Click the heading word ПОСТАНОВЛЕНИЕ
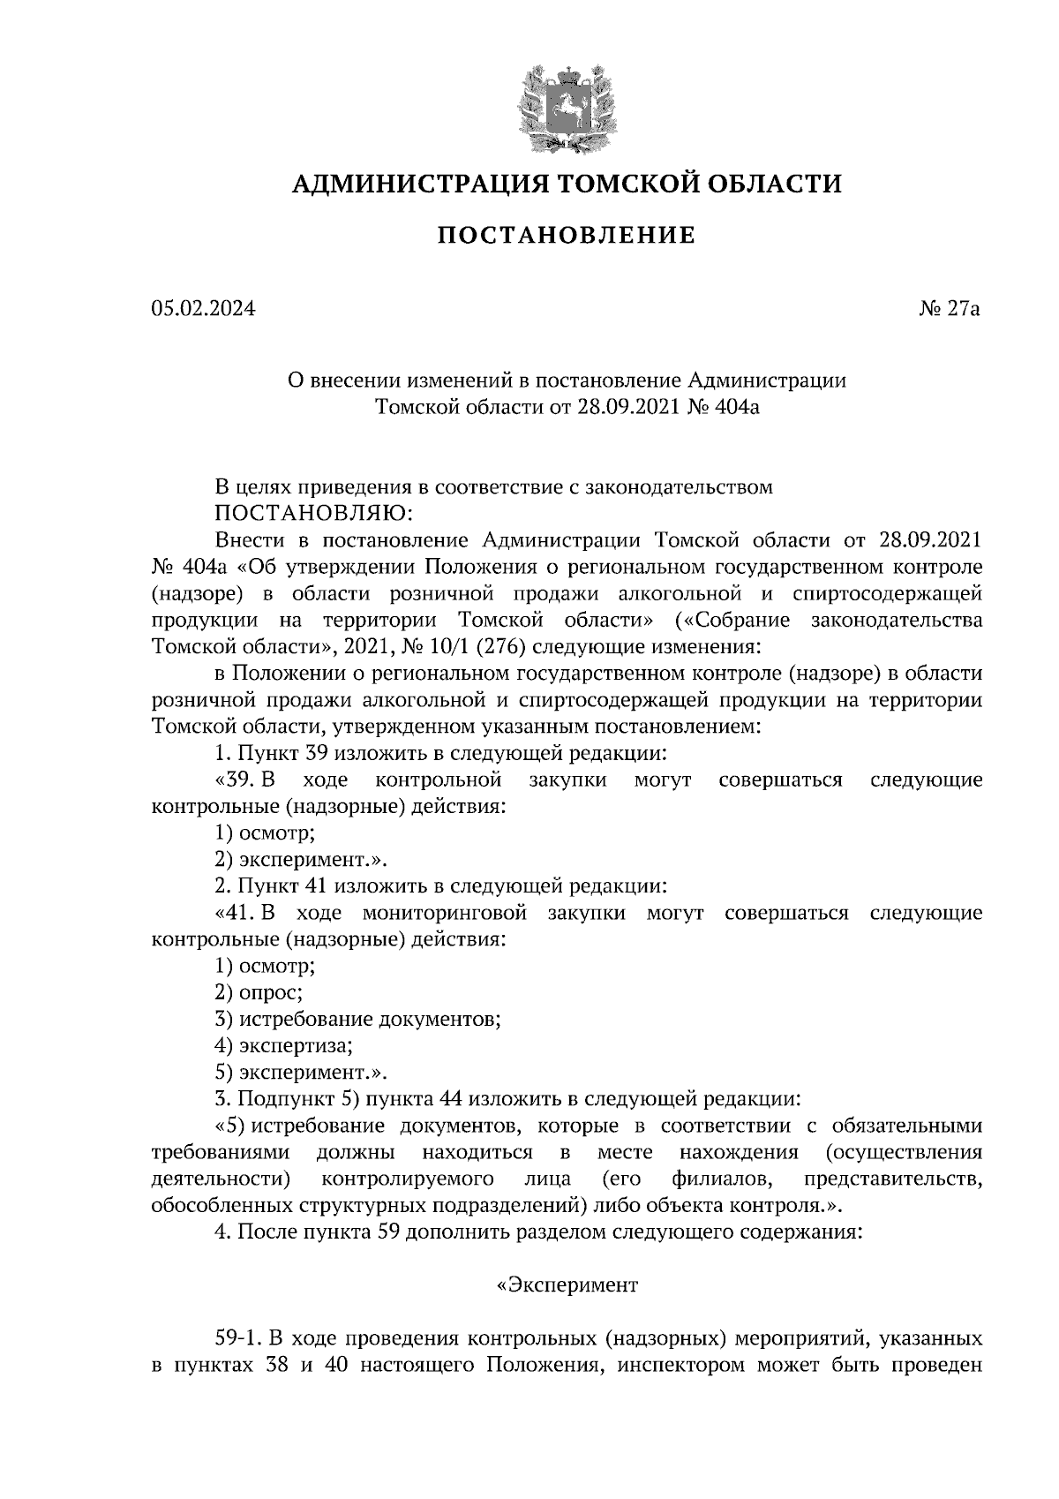pos(566,236)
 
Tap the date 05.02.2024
pos(203,309)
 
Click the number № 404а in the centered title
pos(722,407)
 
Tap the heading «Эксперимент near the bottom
pos(566,1285)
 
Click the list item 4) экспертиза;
pos(283,1046)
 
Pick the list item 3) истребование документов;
pos(357,1020)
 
